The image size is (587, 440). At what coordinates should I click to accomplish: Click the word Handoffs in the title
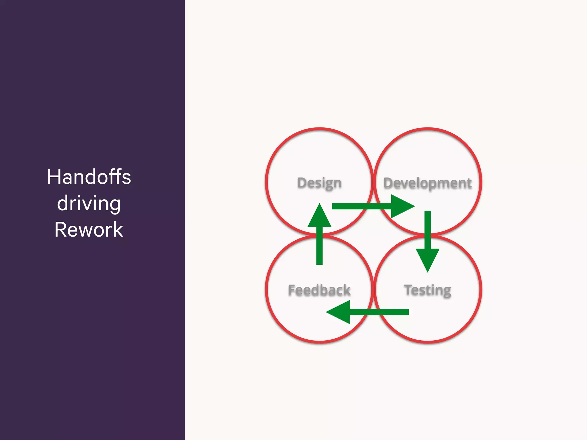(89, 177)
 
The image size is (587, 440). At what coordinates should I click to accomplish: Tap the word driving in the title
(89, 203)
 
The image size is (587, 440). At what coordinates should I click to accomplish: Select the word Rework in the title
(89, 230)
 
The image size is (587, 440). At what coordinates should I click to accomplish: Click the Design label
(319, 183)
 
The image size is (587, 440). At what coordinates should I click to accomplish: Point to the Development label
(427, 183)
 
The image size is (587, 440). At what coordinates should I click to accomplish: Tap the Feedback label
(319, 290)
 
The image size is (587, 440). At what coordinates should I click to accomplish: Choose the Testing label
(427, 290)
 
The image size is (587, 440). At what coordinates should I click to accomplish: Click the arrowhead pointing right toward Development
(401, 206)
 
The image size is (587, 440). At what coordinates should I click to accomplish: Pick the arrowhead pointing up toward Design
(320, 217)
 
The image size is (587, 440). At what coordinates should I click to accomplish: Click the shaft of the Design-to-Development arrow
(361, 206)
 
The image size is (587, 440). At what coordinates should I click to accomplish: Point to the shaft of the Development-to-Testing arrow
(428, 229)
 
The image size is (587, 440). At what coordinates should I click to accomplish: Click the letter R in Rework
(60, 230)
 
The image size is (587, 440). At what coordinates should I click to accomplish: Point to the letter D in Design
(302, 183)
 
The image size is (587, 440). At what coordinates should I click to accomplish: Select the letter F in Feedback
(292, 290)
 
